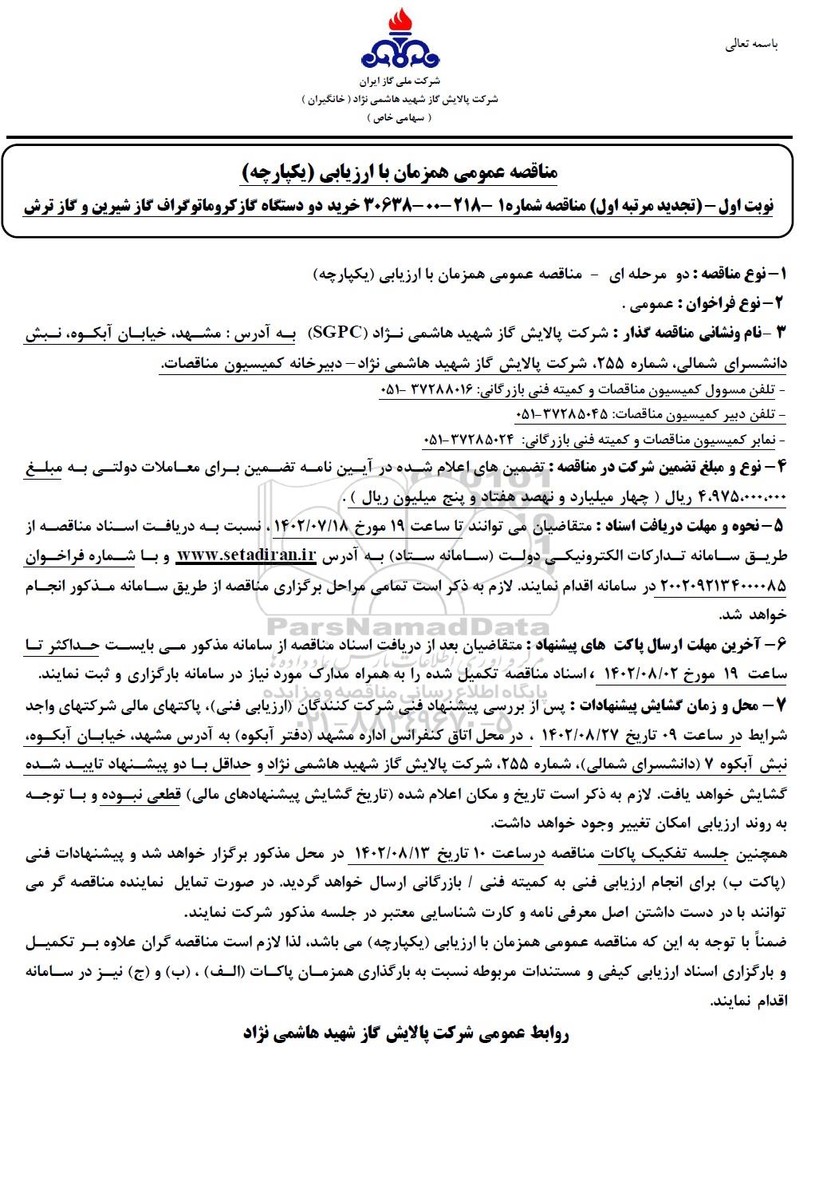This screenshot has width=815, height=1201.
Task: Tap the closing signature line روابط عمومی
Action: [406, 1033]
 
